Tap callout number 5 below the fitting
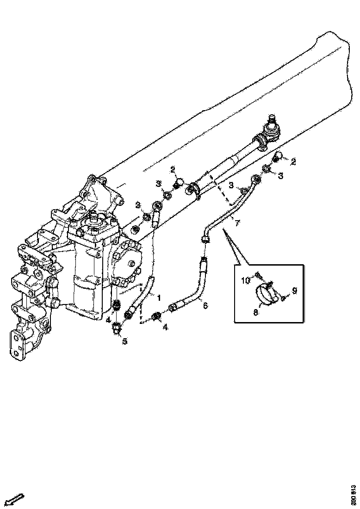[x=124, y=341]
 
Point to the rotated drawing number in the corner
[x=353, y=495]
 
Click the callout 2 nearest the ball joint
[x=293, y=161]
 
